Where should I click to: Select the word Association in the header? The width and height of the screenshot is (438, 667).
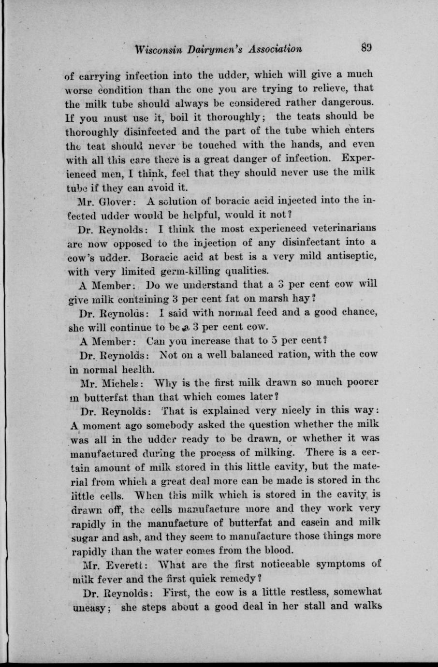[x=274, y=49]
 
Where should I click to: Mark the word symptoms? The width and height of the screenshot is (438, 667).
[x=325, y=564]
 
